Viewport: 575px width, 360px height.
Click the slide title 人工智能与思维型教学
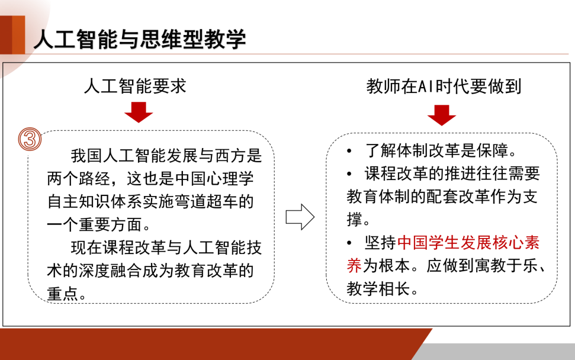click(x=139, y=40)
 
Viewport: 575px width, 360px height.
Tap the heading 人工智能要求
click(x=135, y=87)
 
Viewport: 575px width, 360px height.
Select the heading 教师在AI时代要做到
click(x=444, y=87)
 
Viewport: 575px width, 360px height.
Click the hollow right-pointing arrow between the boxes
click(x=300, y=217)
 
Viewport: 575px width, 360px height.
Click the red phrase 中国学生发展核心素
click(x=468, y=243)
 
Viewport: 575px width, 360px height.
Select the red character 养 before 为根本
click(x=354, y=265)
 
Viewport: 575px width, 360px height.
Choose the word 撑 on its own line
click(x=354, y=220)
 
